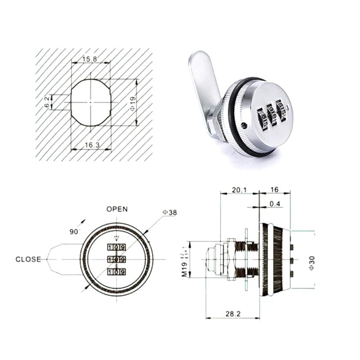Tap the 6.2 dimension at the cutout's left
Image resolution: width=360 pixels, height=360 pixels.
click(47, 102)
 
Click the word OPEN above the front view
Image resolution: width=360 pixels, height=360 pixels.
click(117, 209)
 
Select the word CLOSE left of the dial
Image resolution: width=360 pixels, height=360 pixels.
click(28, 259)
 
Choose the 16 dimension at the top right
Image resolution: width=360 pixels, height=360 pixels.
click(274, 190)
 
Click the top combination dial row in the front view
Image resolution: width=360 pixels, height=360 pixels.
click(117, 247)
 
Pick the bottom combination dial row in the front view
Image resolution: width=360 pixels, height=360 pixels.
click(117, 271)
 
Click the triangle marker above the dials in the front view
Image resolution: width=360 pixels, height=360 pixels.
click(117, 238)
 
